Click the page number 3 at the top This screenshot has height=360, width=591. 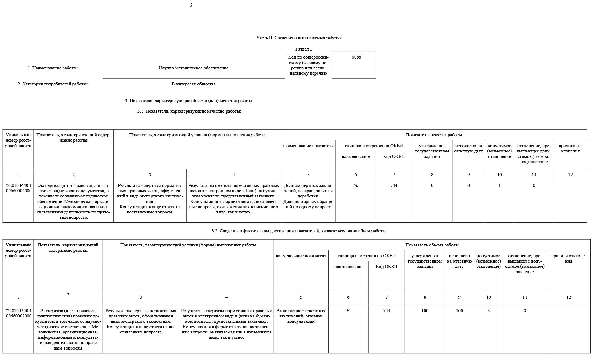pyautogui.click(x=191, y=6)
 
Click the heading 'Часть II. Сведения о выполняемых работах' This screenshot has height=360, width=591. pyautogui.click(x=299, y=38)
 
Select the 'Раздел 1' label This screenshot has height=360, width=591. pyautogui.click(x=304, y=49)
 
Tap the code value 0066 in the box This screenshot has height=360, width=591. pyautogui.click(x=356, y=57)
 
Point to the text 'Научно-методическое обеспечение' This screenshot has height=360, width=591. pyautogui.click(x=194, y=68)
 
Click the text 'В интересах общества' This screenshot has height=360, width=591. pyautogui.click(x=194, y=84)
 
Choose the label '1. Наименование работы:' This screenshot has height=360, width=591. pyautogui.click(x=53, y=68)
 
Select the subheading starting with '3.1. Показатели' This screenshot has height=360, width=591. pyautogui.click(x=189, y=111)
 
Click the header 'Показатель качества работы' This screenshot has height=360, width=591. pyautogui.click(x=434, y=135)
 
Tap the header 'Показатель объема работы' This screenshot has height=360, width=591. pyautogui.click(x=432, y=245)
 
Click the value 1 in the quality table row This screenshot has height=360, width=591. pyautogui.click(x=499, y=186)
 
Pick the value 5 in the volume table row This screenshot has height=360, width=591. pyautogui.click(x=488, y=311)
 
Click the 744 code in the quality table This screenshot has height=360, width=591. pyautogui.click(x=394, y=186)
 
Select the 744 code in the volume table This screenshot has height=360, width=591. pyautogui.click(x=387, y=311)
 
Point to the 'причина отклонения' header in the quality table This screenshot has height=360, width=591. pyautogui.click(x=570, y=148)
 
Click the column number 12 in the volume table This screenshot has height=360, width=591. pyautogui.click(x=568, y=297)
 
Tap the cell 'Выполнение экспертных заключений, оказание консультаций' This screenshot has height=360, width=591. pyautogui.click(x=301, y=316)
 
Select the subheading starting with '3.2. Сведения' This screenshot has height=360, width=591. pyautogui.click(x=299, y=231)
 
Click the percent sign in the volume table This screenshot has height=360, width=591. pyautogui.click(x=348, y=311)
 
